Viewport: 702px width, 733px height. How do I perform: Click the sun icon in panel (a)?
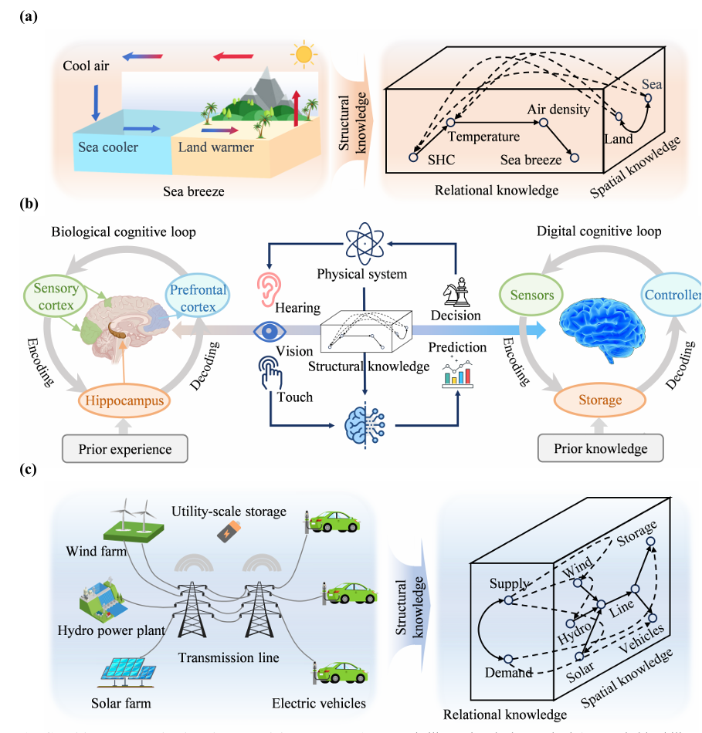pos(304,55)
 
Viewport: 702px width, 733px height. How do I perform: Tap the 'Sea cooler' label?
pos(108,147)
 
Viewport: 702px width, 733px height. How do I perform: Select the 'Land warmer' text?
pos(216,147)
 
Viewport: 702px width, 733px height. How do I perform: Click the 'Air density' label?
pos(558,110)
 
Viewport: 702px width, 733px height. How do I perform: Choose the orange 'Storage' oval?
pos(600,400)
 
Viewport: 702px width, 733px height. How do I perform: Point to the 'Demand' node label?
pos(509,673)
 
